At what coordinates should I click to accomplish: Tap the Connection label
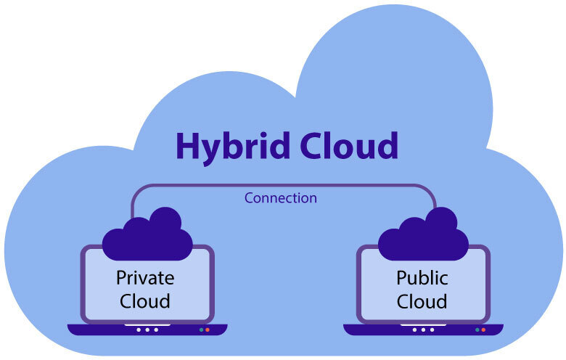click(281, 197)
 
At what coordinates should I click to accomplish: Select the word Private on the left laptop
click(145, 277)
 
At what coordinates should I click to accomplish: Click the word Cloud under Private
click(145, 300)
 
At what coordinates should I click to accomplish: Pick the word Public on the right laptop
click(422, 277)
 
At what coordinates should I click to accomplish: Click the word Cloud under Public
click(422, 300)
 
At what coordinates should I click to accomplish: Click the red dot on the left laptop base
click(208, 330)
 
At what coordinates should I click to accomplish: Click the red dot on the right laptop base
click(483, 330)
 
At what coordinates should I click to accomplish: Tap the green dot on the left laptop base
click(201, 330)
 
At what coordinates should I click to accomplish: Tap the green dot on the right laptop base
click(477, 330)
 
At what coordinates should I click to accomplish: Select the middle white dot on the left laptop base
click(147, 330)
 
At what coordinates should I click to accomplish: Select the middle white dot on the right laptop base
click(423, 330)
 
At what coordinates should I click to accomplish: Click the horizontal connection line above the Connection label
click(283, 185)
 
